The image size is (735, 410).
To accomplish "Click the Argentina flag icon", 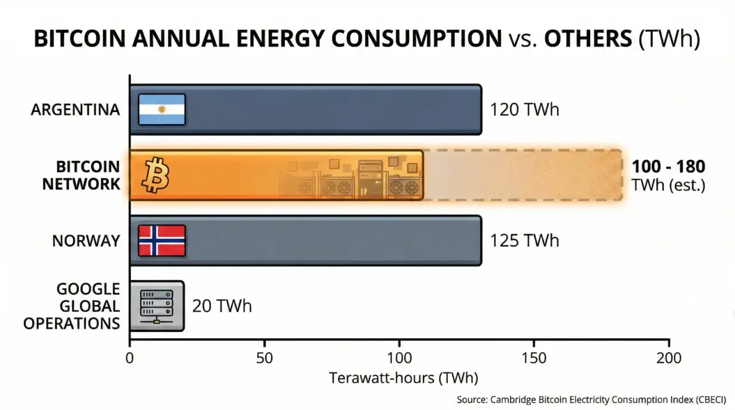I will point(161,109).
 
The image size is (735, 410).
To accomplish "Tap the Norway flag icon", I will point(161,240).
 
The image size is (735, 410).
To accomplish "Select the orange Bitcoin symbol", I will point(156,175).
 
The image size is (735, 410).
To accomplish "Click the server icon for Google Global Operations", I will point(156,305).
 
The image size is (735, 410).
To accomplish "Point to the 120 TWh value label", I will point(524,110).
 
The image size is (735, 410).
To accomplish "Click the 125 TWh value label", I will point(524,240).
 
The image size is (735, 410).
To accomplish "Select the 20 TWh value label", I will point(222,306).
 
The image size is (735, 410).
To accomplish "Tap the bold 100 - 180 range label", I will point(668,167).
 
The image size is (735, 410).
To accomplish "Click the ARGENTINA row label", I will point(75,110).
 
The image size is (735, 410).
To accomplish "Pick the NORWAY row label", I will point(86,241).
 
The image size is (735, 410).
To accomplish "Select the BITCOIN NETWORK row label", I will point(81,175).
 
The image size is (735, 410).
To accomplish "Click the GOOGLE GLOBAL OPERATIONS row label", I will point(72,306).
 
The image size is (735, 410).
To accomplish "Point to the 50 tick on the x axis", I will point(264,359).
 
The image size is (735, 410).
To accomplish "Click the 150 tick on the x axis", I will point(534,359).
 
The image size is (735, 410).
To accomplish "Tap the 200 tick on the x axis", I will point(669,359).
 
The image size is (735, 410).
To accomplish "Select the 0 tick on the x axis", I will point(130,359).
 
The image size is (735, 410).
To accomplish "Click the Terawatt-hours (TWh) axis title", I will point(403,378).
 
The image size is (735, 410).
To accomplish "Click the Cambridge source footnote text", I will point(591,399).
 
